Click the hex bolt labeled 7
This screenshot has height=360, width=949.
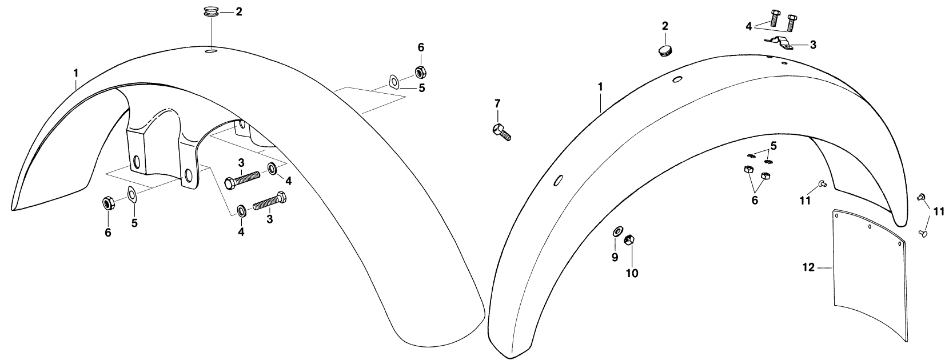coord(502,132)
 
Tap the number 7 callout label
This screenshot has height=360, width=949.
coord(497,103)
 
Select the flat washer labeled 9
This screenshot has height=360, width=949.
coord(617,231)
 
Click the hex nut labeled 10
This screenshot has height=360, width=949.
coord(629,240)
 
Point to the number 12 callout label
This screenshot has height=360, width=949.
coord(808,267)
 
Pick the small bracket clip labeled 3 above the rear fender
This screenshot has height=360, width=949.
coord(779,43)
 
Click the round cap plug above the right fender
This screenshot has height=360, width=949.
coord(665,51)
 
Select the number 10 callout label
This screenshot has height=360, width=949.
coord(632,274)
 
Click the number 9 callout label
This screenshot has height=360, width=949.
coord(615,257)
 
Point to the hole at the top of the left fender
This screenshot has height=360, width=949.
coord(211,51)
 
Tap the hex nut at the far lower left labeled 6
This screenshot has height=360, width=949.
coord(107,204)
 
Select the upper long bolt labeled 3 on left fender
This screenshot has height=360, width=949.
coord(241,180)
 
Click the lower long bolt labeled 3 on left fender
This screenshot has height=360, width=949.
coord(270,201)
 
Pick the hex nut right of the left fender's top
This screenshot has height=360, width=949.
coord(420,72)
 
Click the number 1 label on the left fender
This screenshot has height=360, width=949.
coord(76,73)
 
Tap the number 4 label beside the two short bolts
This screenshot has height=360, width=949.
coord(749,26)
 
